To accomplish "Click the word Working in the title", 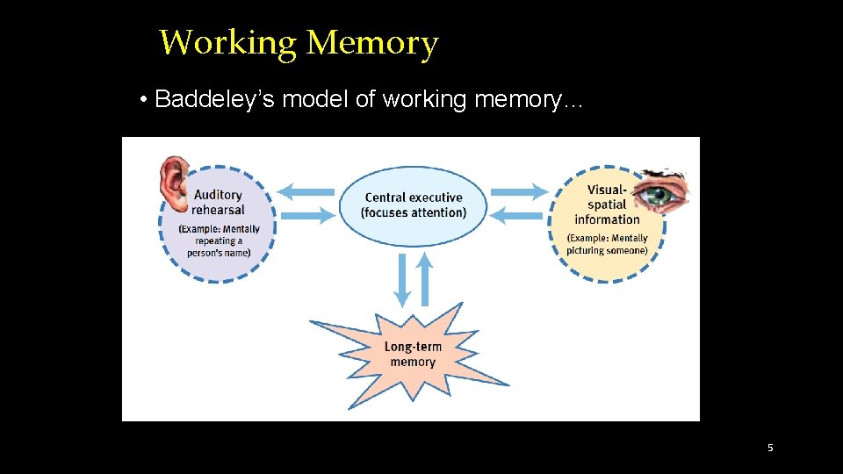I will tap(229, 42).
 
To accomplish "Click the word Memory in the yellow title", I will tap(372, 42).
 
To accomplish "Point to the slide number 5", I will tap(770, 448).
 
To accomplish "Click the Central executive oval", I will tap(413, 205).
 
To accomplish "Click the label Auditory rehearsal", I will tap(219, 202).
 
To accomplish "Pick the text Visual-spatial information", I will tap(607, 204).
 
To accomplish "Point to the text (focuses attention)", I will tap(414, 213).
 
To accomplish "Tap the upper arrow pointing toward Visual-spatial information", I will tap(518, 191).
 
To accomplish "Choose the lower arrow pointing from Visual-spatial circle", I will tap(518, 213).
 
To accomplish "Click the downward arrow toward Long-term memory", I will tap(402, 279).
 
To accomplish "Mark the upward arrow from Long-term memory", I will tap(424, 279).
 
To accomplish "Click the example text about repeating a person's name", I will tap(219, 241).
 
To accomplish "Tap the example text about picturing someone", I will tap(607, 244).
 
